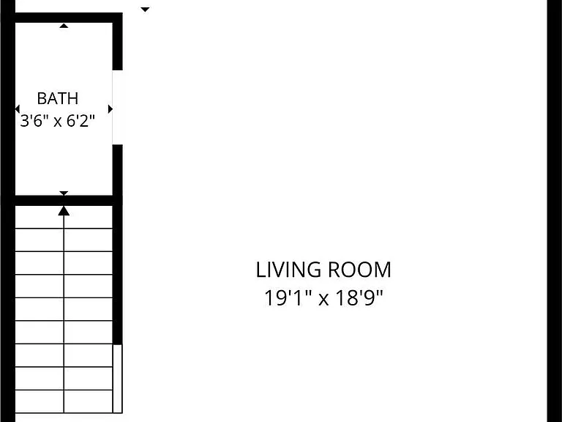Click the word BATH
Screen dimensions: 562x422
(57, 98)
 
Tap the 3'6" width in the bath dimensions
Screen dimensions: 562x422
(34, 121)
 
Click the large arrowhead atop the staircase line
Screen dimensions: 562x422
(64, 211)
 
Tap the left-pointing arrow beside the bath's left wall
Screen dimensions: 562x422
(18, 108)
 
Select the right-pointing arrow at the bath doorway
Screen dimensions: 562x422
(110, 108)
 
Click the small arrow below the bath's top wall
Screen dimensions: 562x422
(64, 26)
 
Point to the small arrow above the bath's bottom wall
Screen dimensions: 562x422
(64, 193)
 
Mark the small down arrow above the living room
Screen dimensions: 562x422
(145, 10)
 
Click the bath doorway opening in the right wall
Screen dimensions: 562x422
(118, 107)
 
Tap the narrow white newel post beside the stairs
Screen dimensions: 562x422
(118, 379)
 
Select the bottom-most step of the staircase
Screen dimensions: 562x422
(64, 401)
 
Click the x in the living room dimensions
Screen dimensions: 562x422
(323, 299)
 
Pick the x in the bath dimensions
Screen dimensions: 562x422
(57, 122)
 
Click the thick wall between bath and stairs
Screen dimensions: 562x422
(64, 201)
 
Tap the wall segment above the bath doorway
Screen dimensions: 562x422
(118, 41)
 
